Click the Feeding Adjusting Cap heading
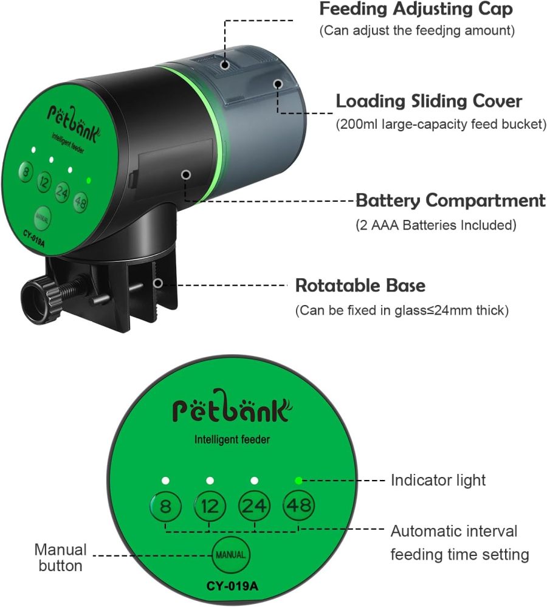point(416,10)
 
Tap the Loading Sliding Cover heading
point(429,101)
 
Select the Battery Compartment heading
point(450,200)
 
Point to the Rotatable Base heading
point(360,285)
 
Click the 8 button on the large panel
point(164,506)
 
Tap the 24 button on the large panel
point(253,506)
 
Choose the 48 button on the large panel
point(298,506)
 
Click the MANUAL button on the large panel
point(231,555)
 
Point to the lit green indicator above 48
point(298,481)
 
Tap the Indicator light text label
point(438,481)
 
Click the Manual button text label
point(60,558)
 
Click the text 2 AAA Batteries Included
point(436,225)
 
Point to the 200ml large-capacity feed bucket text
point(441,125)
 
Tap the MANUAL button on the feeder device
point(42,216)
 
